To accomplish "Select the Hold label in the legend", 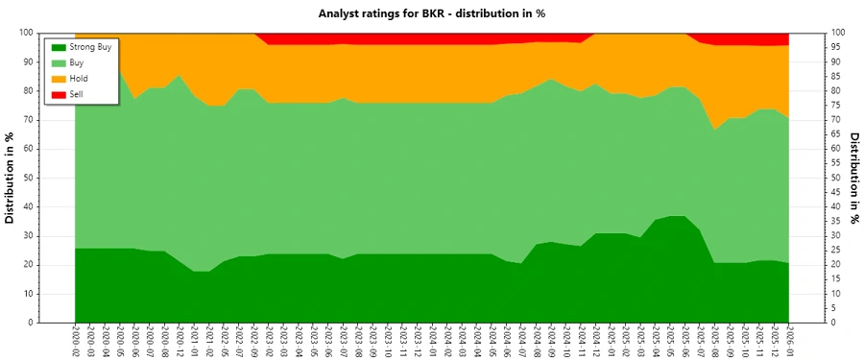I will [79, 78].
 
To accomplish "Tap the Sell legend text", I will [77, 93].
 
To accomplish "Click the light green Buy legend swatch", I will [59, 62].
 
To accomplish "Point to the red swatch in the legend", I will [59, 93].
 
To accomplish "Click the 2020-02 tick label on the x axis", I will [75, 341].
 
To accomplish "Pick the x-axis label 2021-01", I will [194, 341].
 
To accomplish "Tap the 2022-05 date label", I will [224, 341].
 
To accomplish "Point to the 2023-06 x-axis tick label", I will [328, 341].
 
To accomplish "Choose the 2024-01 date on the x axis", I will [432, 341].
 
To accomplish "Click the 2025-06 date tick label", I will [684, 341].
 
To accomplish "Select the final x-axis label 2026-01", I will [788, 341].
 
